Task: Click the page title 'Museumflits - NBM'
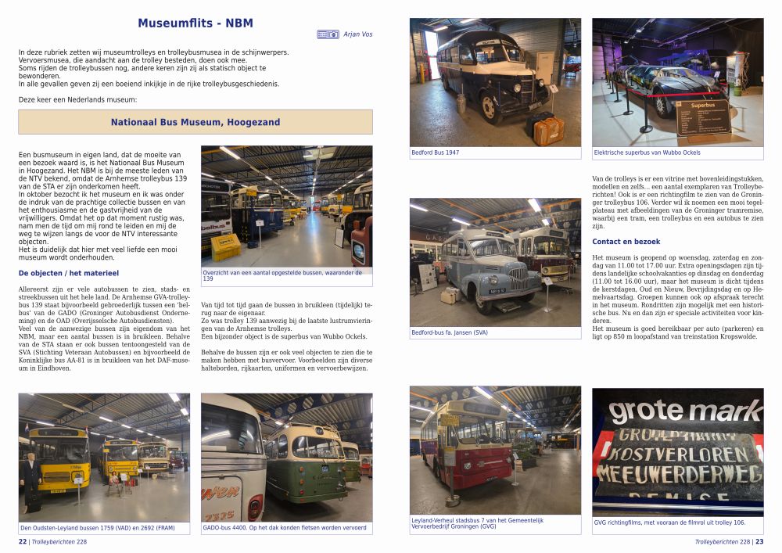tap(195, 23)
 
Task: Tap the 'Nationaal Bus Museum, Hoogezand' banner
tap(195, 122)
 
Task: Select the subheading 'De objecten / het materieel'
tap(69, 273)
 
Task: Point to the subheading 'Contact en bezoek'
tap(626, 242)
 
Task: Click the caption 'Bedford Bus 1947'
tap(436, 153)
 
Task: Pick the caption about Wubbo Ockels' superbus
tap(647, 153)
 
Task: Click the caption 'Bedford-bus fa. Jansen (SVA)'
tap(450, 332)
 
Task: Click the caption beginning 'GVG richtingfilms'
tap(669, 522)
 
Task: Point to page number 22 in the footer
tap(22, 540)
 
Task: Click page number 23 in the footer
tap(759, 540)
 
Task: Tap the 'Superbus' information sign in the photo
tap(702, 117)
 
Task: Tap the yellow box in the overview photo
tap(226, 247)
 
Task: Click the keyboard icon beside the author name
tap(328, 34)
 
